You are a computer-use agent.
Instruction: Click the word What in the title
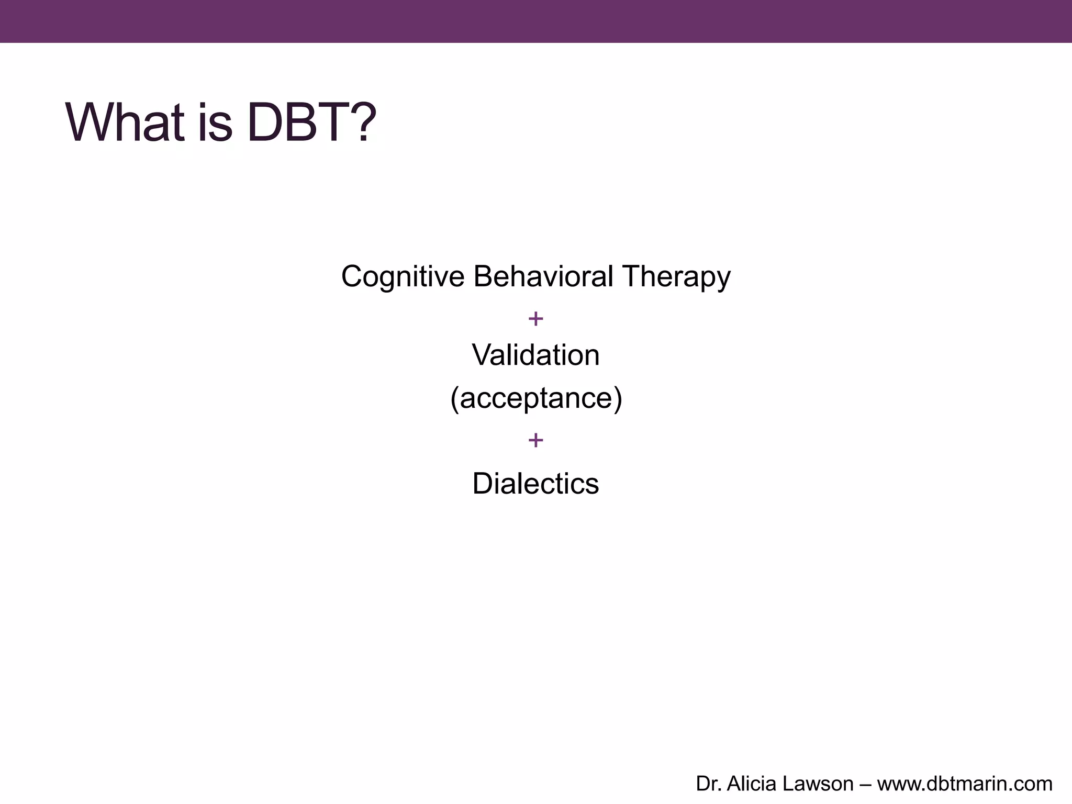point(125,122)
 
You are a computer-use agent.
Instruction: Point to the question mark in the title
point(364,122)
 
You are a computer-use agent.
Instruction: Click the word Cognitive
point(403,276)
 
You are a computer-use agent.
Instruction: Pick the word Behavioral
point(543,276)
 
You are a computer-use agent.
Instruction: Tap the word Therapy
point(676,276)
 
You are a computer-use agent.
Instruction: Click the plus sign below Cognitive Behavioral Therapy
point(535,318)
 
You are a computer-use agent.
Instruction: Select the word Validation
point(535,355)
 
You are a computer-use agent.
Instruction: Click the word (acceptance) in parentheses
point(536,398)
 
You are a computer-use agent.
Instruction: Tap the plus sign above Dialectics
point(535,440)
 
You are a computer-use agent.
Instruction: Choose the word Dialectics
point(535,483)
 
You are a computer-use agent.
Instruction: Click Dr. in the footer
point(708,784)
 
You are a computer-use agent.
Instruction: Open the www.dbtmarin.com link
point(965,784)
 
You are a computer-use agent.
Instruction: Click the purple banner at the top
point(536,21)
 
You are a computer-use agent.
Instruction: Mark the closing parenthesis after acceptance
point(618,399)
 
